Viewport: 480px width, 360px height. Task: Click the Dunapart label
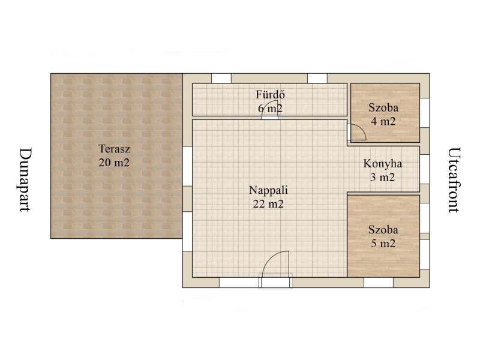tap(25, 179)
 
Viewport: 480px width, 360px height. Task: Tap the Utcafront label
tap(454, 180)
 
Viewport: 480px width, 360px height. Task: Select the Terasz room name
tap(114, 149)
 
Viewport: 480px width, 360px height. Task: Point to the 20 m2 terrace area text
tap(114, 163)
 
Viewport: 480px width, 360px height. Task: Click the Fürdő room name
tap(271, 94)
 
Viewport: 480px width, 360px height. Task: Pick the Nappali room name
tap(268, 190)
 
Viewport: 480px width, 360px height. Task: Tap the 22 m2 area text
tap(268, 204)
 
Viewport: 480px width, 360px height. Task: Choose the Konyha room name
tap(382, 164)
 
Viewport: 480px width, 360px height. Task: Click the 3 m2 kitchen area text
tap(382, 178)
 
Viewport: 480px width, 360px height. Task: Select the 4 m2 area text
tap(383, 122)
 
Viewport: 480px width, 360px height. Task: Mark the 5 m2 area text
tap(383, 244)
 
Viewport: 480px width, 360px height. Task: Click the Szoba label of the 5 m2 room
tap(383, 230)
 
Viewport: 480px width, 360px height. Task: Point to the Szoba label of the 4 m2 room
tap(383, 108)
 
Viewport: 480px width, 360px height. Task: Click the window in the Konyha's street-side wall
tap(424, 169)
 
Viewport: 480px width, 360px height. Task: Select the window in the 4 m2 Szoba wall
tap(424, 113)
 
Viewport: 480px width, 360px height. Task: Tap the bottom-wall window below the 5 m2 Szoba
tap(379, 283)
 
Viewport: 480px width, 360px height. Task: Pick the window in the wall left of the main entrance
tap(239, 283)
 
